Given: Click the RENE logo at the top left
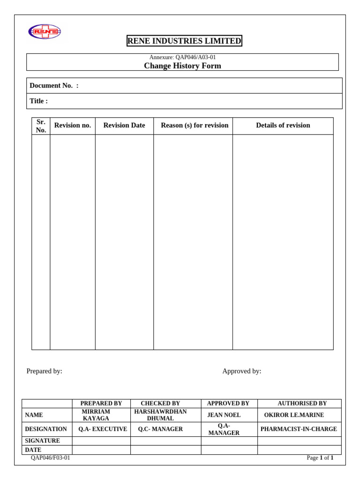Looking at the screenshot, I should [x=45, y=32].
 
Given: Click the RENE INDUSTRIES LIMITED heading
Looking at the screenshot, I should [x=184, y=41].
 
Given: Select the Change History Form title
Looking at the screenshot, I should [x=182, y=66].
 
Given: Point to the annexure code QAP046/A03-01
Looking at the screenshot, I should [x=182, y=57].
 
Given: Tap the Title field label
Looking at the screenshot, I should [x=38, y=101].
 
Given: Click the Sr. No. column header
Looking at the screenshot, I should [x=41, y=126].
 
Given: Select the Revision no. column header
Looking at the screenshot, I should [x=73, y=125].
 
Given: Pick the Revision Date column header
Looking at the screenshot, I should [x=124, y=125].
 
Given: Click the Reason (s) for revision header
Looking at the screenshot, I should [x=195, y=125].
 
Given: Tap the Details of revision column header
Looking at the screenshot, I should [x=283, y=125].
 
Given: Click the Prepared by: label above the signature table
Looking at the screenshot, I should [x=44, y=371].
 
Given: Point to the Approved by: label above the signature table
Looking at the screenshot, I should [x=241, y=371].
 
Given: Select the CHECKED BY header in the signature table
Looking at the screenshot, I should [x=160, y=403].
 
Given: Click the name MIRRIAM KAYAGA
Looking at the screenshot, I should [x=96, y=415].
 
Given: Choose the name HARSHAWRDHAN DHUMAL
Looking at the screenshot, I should [x=160, y=415].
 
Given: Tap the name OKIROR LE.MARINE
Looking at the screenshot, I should [x=294, y=415].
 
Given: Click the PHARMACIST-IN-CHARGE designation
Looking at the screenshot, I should [x=299, y=429].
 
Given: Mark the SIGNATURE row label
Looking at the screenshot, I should [x=42, y=441].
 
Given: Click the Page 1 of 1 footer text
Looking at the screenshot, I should [x=320, y=458].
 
